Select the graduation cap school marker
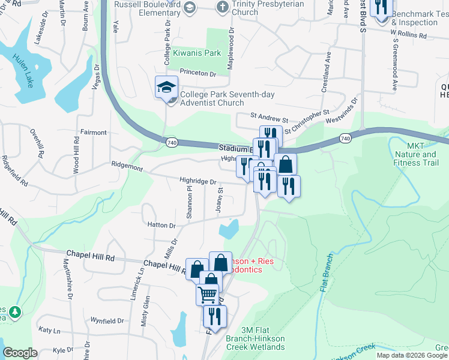coord(166,88)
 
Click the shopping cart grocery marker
coord(207,294)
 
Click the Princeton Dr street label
coord(198,73)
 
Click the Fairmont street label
coord(93,132)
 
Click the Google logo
coord(20,353)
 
